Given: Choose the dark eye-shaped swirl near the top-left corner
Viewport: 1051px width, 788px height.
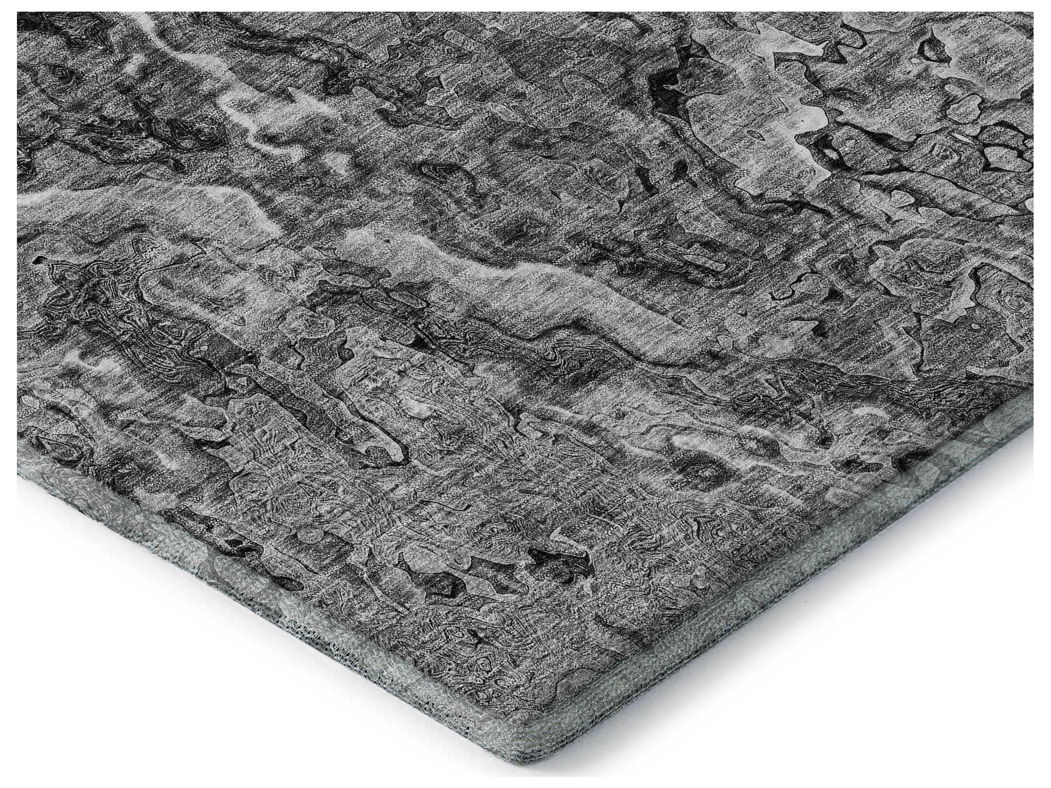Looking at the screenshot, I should coord(63,73).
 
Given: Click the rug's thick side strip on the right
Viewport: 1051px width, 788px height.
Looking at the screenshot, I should coord(823,581).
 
